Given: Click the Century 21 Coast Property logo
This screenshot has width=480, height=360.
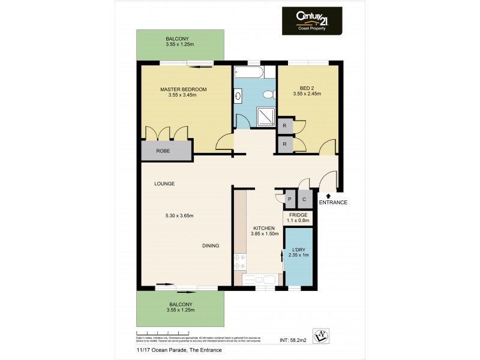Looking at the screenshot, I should (x=312, y=22).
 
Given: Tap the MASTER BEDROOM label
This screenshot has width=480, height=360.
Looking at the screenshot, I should (x=183, y=89).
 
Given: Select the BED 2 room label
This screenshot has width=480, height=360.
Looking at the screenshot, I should (x=307, y=90).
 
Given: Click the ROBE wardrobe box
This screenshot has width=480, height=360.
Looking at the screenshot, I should (x=163, y=151).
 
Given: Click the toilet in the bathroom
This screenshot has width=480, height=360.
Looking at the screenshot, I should (x=271, y=95).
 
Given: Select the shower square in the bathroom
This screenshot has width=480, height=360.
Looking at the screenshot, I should (x=264, y=117).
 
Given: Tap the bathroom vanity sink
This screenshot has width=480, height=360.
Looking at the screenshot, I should (x=239, y=95).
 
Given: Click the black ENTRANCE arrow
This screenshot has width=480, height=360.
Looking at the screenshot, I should (x=328, y=194).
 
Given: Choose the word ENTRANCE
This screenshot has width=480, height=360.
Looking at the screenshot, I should (x=333, y=202).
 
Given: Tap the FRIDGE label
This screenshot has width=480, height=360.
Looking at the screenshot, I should (x=298, y=215).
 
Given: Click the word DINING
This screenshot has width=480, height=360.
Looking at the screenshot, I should (x=211, y=245).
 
